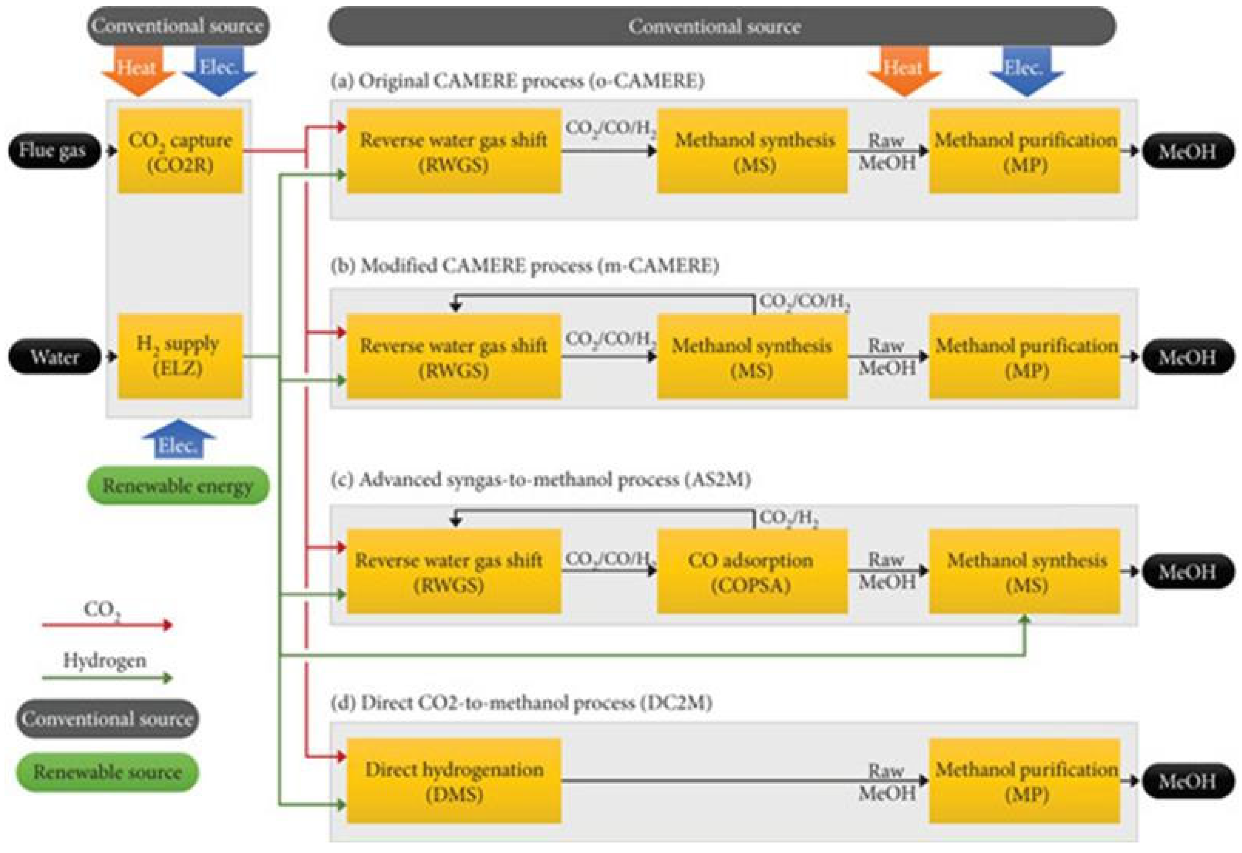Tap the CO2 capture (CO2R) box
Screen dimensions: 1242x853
180,151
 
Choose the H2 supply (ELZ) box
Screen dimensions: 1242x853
180,356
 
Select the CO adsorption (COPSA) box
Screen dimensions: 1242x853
752,571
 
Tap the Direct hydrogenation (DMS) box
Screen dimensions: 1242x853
454,781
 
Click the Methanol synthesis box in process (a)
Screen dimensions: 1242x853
752,151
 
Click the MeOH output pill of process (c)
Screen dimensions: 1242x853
1188,571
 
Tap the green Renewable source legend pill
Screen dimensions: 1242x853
107,772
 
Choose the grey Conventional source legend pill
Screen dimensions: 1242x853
107,718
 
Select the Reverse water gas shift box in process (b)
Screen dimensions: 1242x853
454,356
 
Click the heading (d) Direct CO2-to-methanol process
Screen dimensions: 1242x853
521,702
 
